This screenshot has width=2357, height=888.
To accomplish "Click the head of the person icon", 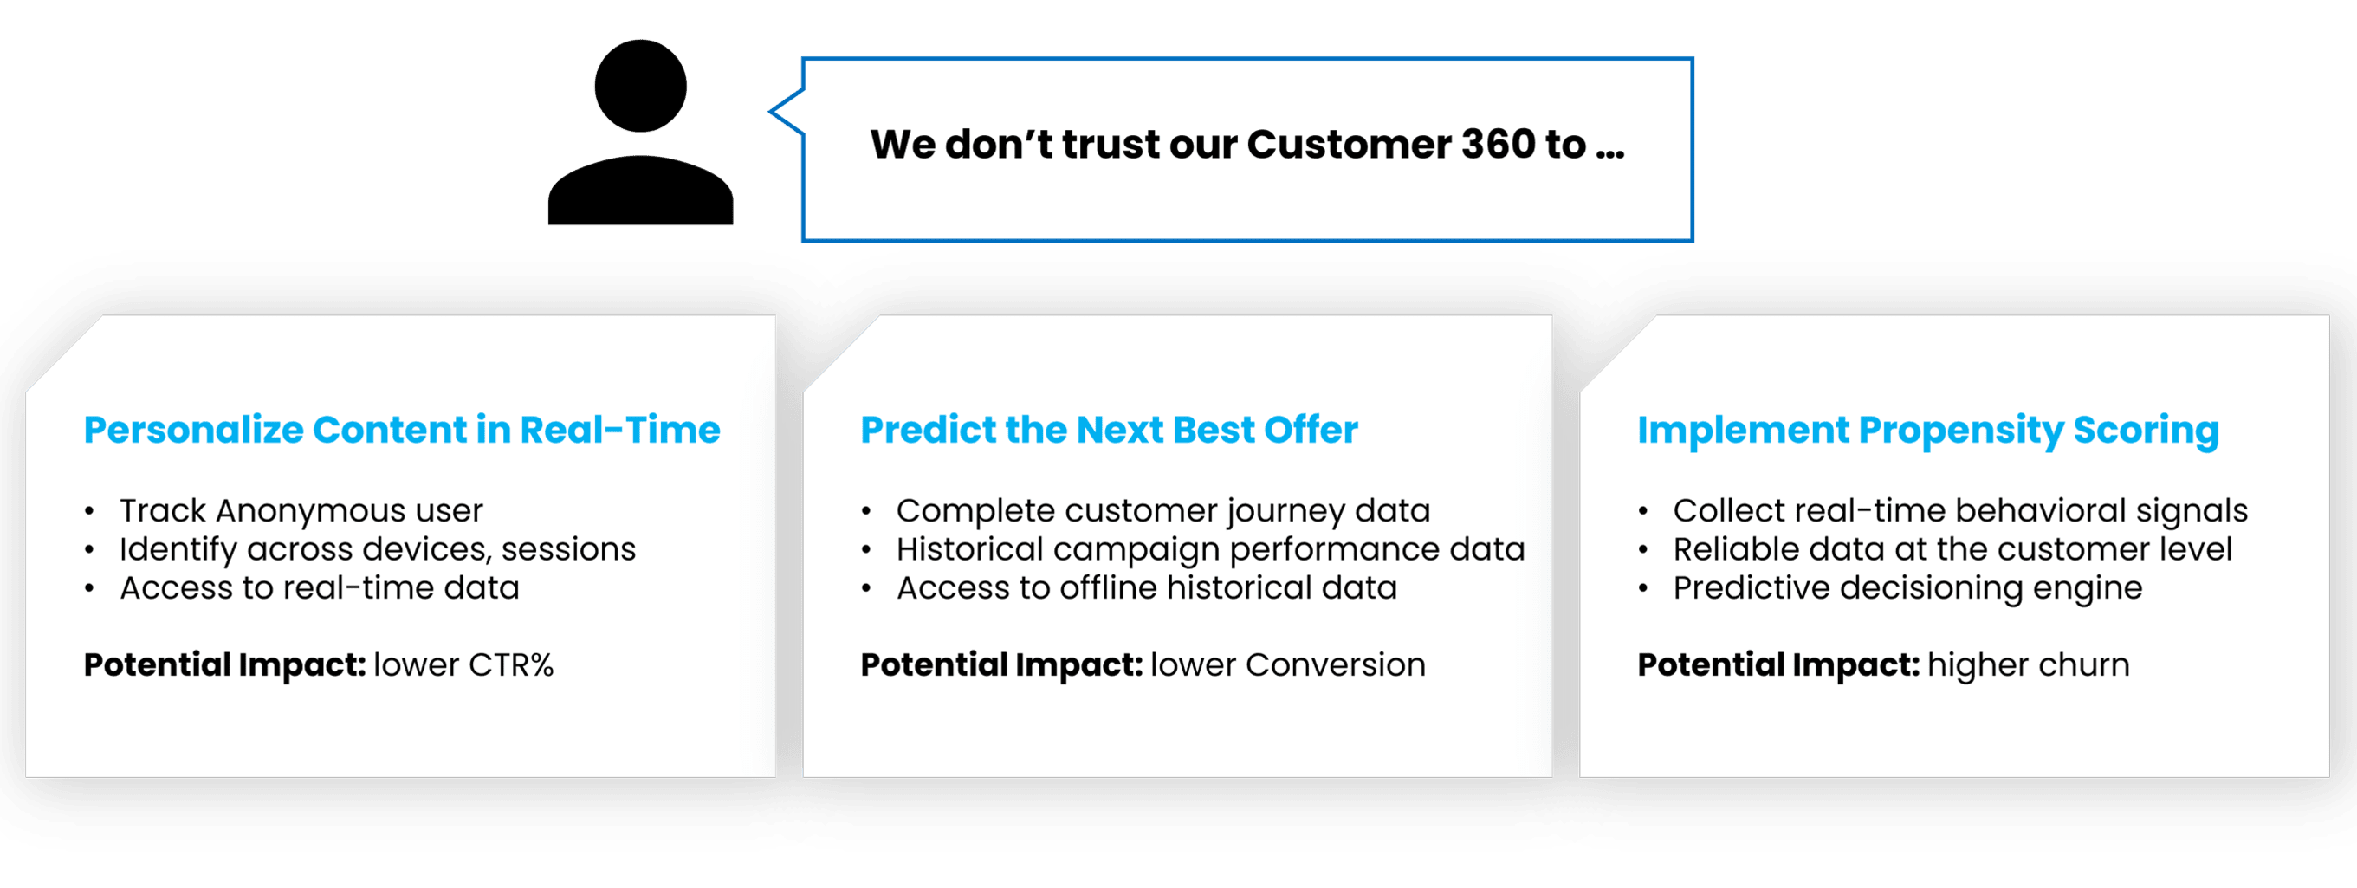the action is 640,86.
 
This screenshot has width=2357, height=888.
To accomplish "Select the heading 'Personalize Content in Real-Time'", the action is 402,430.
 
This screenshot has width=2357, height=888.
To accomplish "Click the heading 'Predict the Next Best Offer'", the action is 1109,430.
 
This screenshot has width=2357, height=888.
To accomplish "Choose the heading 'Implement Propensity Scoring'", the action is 1928,431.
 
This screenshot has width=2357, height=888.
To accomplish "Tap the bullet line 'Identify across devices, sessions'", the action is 377,549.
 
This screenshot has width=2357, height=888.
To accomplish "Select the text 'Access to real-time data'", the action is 320,587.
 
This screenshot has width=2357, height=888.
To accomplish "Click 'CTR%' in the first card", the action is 510,664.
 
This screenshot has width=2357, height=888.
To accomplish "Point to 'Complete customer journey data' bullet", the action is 1163,511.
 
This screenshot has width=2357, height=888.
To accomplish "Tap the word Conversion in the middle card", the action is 1335,664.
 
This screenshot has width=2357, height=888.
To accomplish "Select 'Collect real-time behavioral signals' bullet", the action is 1960,511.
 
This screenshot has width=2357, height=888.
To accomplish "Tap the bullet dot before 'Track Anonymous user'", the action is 88,512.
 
